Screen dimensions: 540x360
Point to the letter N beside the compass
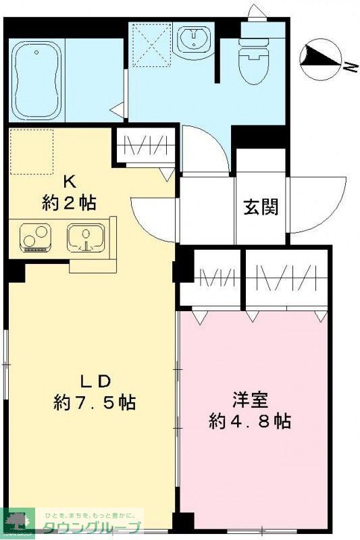[349, 65]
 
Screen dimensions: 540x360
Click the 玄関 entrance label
[261, 207]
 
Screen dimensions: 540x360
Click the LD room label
[95, 381]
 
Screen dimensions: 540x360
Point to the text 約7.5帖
[95, 403]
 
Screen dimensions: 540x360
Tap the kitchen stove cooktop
[33, 238]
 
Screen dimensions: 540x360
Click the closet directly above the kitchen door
[145, 146]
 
